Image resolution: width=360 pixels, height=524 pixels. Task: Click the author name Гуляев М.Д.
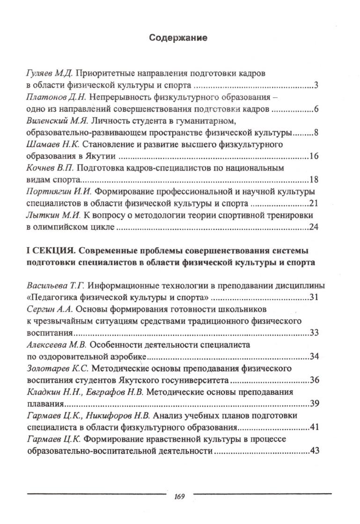[49, 74]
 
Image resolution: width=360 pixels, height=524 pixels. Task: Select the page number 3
[316, 85]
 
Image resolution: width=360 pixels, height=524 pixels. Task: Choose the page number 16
[314, 156]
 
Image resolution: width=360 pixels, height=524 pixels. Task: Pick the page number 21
[314, 204]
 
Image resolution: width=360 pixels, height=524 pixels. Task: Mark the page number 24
[314, 228]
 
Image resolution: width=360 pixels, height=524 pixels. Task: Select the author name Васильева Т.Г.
[54, 286]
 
